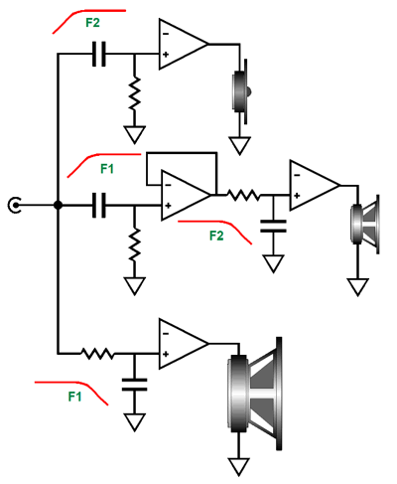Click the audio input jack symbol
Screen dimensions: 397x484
[x=14, y=205]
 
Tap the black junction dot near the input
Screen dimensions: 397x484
[x=58, y=205]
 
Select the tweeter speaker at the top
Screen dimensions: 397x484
[x=241, y=91]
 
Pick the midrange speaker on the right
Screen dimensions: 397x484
[x=364, y=225]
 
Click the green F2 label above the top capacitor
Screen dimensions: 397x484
[x=92, y=23]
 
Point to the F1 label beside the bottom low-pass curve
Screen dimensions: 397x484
[x=74, y=397]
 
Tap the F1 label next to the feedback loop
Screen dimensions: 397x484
[x=107, y=169]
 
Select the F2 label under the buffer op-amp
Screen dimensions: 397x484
[x=216, y=236]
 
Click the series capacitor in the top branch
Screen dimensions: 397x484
[x=98, y=54]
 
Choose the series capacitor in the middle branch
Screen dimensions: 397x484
[x=98, y=205]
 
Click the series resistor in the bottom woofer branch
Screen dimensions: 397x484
[x=97, y=354]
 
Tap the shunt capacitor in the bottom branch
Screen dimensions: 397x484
[x=134, y=385]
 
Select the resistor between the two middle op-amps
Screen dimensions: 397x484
[x=243, y=195]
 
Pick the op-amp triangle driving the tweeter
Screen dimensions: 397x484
[x=184, y=44]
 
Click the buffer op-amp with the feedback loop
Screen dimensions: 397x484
[x=186, y=196]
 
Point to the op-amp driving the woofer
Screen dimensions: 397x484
[x=184, y=344]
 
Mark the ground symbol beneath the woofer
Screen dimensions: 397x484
[x=238, y=467]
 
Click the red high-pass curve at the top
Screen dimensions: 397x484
[x=89, y=19]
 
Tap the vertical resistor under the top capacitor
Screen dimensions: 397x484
[x=134, y=94]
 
